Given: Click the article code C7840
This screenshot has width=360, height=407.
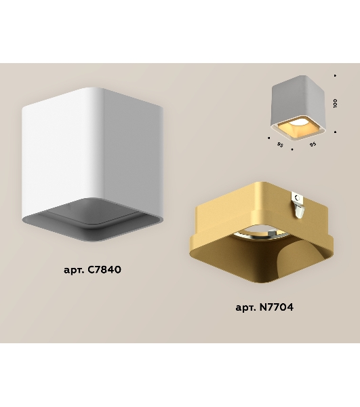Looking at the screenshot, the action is click(x=104, y=270).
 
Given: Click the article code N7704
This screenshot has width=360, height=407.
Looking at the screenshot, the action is click(x=277, y=307).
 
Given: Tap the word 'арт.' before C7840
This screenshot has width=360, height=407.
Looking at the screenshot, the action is click(x=74, y=270).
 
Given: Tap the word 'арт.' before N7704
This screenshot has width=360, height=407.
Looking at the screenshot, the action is click(x=246, y=308).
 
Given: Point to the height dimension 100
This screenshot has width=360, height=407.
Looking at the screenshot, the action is click(x=335, y=103).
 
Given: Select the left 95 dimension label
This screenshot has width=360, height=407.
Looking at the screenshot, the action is click(x=280, y=144).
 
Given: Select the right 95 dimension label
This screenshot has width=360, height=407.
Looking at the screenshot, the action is click(x=313, y=144).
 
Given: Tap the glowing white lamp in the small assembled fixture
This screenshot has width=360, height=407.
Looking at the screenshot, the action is click(x=298, y=121).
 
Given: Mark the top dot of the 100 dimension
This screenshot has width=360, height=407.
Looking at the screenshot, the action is click(x=335, y=75).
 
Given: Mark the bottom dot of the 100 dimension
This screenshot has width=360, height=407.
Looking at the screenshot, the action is click(x=336, y=132).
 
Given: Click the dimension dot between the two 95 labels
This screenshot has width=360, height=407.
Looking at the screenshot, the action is click(x=292, y=149).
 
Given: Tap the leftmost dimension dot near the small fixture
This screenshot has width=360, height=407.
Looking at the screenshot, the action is click(x=268, y=138).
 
